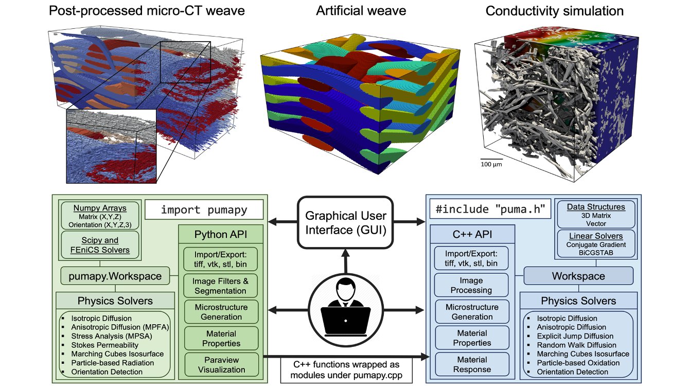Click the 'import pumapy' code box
click(x=204, y=210)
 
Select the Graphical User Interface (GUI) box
click(x=345, y=222)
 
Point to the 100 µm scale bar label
click(x=491, y=165)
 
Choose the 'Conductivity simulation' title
click(x=555, y=11)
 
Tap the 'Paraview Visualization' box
click(x=221, y=365)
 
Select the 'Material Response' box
click(x=471, y=364)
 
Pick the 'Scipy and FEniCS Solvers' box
click(x=99, y=245)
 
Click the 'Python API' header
click(x=221, y=235)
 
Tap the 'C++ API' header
click(x=471, y=235)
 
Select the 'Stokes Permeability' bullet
click(x=105, y=345)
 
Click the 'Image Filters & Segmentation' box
click(x=221, y=286)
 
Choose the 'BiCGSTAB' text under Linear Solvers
click(x=595, y=253)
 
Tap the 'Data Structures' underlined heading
click(x=596, y=207)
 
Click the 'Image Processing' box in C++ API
click(x=471, y=286)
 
